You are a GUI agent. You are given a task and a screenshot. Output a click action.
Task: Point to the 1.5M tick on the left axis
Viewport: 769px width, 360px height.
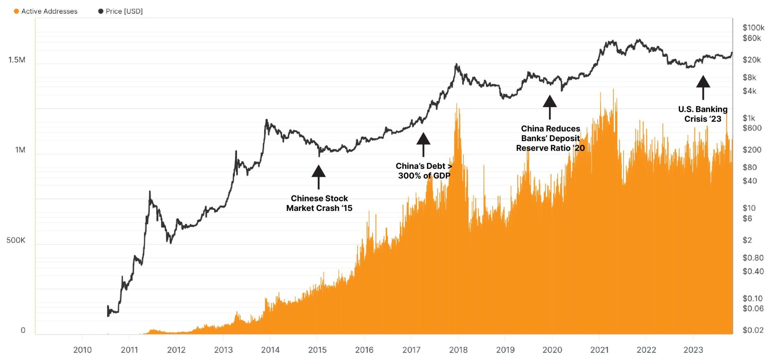coord(17,60)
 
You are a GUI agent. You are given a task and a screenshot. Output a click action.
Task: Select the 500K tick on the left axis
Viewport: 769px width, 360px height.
coord(16,240)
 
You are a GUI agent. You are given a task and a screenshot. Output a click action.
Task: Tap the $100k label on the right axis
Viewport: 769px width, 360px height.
coord(753,28)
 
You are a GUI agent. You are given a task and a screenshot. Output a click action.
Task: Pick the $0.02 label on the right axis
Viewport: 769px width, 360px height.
coord(753,330)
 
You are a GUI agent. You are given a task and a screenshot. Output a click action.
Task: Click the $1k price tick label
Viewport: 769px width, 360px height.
coord(749,118)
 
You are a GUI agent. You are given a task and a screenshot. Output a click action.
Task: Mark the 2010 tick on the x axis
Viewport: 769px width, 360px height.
coord(82,350)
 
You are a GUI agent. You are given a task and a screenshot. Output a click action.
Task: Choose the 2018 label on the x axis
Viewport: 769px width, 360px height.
coord(458,350)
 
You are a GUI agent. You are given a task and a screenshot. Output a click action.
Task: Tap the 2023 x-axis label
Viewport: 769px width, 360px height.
coord(693,350)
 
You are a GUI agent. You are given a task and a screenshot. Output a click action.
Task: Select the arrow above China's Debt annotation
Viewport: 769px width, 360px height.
coord(423,144)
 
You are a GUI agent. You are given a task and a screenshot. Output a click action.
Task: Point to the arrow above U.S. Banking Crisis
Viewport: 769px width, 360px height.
coord(703,87)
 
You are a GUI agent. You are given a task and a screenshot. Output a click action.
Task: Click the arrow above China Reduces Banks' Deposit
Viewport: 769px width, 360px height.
coord(550,106)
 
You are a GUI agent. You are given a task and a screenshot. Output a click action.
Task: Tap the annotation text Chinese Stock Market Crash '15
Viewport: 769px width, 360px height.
coord(319,203)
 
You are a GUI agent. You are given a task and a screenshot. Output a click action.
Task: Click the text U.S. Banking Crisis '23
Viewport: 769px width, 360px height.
coord(703,114)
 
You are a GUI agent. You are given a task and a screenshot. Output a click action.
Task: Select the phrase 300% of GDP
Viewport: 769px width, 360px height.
coord(424,176)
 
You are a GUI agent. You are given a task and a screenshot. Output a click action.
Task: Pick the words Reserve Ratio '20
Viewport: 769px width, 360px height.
coord(550,148)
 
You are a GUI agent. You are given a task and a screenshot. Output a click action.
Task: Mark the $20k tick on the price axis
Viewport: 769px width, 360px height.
coord(751,60)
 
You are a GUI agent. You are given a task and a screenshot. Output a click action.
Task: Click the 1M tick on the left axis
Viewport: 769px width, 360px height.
coord(20,150)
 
